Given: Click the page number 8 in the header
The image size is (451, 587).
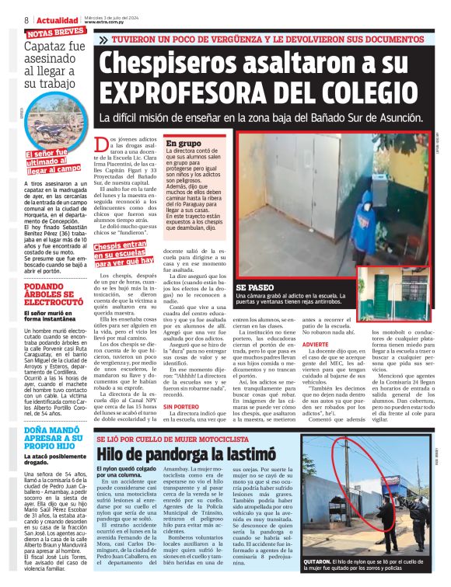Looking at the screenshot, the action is click(26, 19).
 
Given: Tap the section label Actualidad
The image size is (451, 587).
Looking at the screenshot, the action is click(58, 19).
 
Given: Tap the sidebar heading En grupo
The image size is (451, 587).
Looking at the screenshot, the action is click(184, 144).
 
